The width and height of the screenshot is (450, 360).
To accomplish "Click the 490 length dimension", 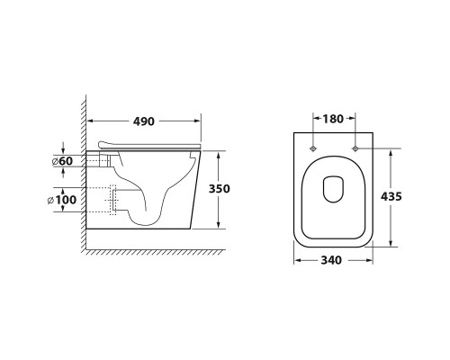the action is pyautogui.click(x=144, y=121).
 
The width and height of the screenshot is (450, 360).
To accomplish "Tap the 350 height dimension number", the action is pyautogui.click(x=220, y=189).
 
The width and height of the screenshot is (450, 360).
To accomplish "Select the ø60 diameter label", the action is pyautogui.click(x=62, y=161).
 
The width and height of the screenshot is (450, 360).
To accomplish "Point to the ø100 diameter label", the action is pyautogui.click(x=62, y=200).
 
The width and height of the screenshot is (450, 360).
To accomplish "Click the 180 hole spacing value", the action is pyautogui.click(x=333, y=119).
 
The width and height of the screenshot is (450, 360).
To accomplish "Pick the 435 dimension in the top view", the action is pyautogui.click(x=391, y=196).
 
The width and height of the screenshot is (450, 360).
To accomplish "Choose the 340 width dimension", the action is pyautogui.click(x=331, y=260).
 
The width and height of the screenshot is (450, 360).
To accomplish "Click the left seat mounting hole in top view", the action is pyautogui.click(x=313, y=148).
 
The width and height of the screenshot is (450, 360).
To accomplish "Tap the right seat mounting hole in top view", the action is pyautogui.click(x=355, y=148).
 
